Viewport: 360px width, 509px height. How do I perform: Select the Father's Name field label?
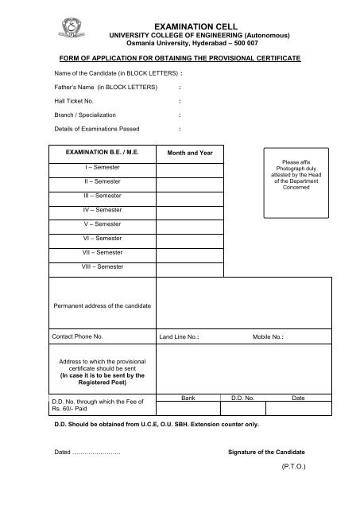point(94,87)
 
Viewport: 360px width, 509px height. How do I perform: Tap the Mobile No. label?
point(268,337)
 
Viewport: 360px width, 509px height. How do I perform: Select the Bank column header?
point(188,396)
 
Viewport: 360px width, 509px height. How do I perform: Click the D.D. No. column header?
point(242,396)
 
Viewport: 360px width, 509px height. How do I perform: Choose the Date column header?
point(298,396)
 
